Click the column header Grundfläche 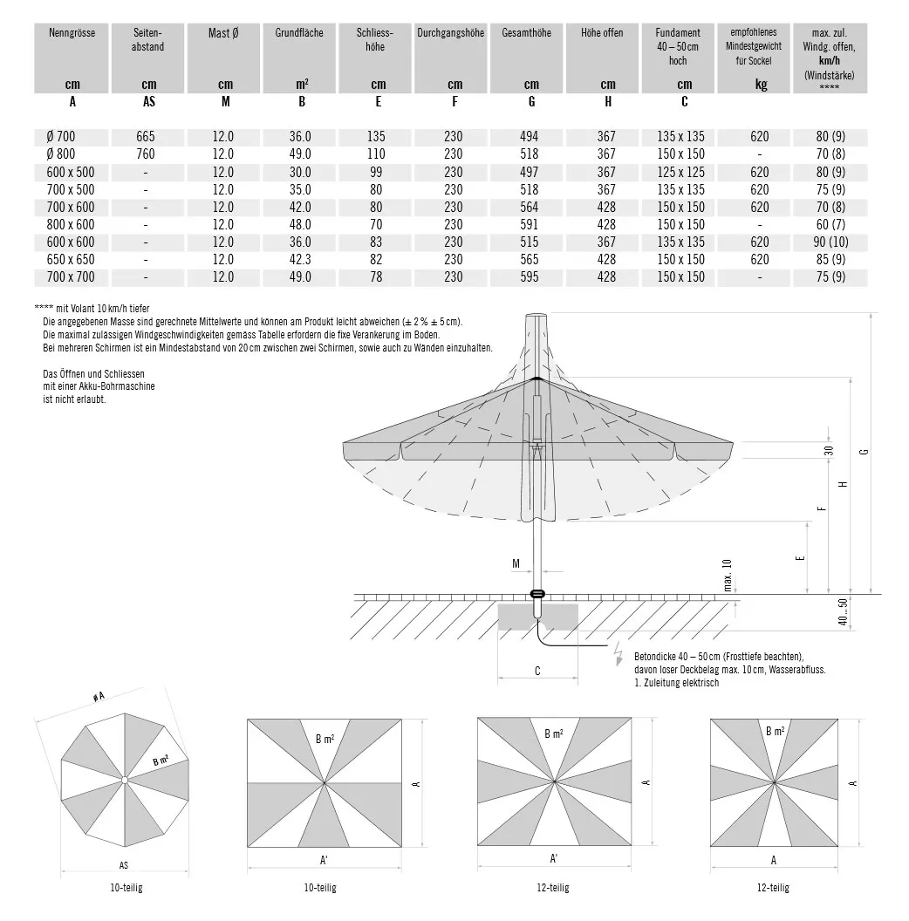click(x=299, y=33)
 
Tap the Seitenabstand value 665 click(x=146, y=137)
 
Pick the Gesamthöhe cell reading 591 click(x=529, y=224)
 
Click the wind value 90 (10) click(x=830, y=242)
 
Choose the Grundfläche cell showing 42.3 click(x=299, y=259)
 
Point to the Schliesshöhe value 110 click(x=377, y=154)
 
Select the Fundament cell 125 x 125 click(x=681, y=172)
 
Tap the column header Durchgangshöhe click(x=450, y=33)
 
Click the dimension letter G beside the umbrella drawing click(x=864, y=451)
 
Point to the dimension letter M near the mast click(x=516, y=564)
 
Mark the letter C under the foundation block click(x=537, y=671)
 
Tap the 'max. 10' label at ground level click(x=728, y=576)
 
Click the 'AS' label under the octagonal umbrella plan click(x=124, y=866)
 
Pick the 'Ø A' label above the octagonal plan click(x=99, y=697)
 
